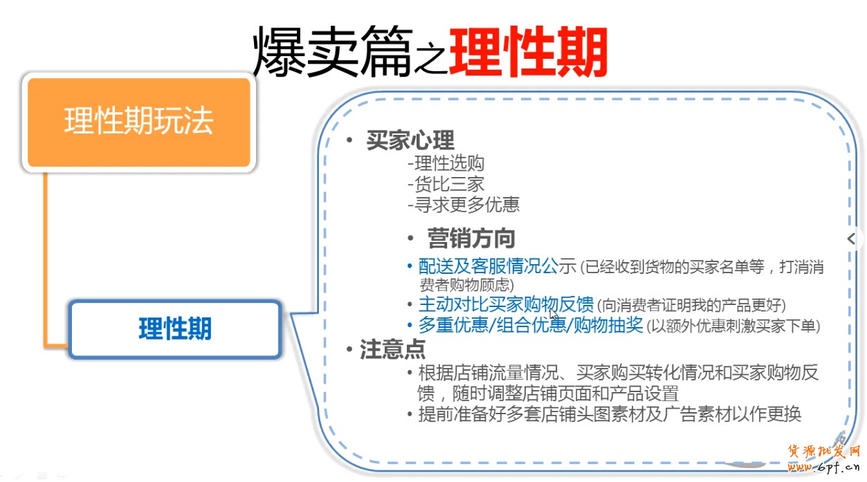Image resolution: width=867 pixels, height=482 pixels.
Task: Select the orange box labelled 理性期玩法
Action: pos(139,122)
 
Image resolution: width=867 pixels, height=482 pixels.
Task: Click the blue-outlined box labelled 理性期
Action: pos(175,328)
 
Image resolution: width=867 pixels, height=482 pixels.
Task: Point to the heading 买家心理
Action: pos(410,140)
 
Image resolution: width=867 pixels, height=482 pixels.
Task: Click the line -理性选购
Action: pos(446,163)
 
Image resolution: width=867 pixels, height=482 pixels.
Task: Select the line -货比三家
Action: pos(446,184)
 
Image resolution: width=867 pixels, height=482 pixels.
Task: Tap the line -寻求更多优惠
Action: pos(464,205)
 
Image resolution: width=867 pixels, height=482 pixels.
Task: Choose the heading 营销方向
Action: pos(471,238)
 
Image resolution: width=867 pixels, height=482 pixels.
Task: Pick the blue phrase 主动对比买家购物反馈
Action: pos(506,304)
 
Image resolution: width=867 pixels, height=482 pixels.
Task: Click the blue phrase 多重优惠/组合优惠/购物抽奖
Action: pos(531,325)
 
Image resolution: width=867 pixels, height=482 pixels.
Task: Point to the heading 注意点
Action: pos(393,349)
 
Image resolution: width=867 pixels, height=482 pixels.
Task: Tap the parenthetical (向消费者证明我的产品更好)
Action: pos(691,306)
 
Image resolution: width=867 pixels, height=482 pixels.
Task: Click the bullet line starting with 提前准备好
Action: pos(605,414)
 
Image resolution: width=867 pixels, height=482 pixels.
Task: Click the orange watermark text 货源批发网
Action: pos(823,451)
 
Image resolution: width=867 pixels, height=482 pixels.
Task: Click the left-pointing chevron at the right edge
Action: pos(851,239)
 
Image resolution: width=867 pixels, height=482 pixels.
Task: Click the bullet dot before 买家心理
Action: pos(349,140)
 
